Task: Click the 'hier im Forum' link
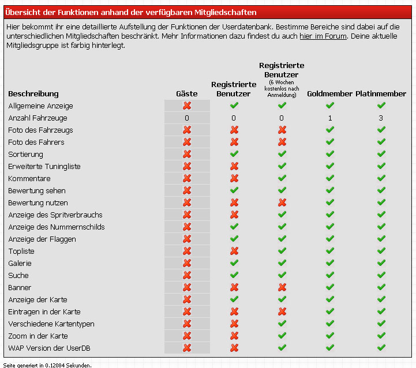click(x=323, y=36)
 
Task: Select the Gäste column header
click(x=187, y=93)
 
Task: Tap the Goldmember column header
click(x=330, y=93)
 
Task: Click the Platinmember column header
click(x=381, y=93)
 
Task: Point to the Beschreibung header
click(x=33, y=93)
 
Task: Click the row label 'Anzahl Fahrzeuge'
click(x=38, y=118)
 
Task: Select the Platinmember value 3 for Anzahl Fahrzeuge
click(x=381, y=118)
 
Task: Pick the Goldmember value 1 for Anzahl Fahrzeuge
click(x=330, y=118)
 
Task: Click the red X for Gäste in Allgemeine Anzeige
click(x=187, y=106)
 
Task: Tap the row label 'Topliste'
click(x=21, y=251)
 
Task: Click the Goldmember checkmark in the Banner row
click(x=330, y=287)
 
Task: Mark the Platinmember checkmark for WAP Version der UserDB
click(x=381, y=347)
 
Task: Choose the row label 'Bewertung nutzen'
click(x=38, y=202)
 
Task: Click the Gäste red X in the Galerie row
click(x=187, y=263)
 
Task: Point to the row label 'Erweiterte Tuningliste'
click(x=44, y=166)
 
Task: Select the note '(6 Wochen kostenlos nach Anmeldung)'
click(x=282, y=89)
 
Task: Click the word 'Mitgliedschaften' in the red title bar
click(x=226, y=13)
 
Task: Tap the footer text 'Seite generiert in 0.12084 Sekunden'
click(x=47, y=365)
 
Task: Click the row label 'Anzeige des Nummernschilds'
click(x=57, y=227)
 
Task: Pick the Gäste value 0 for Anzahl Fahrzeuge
click(x=187, y=118)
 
